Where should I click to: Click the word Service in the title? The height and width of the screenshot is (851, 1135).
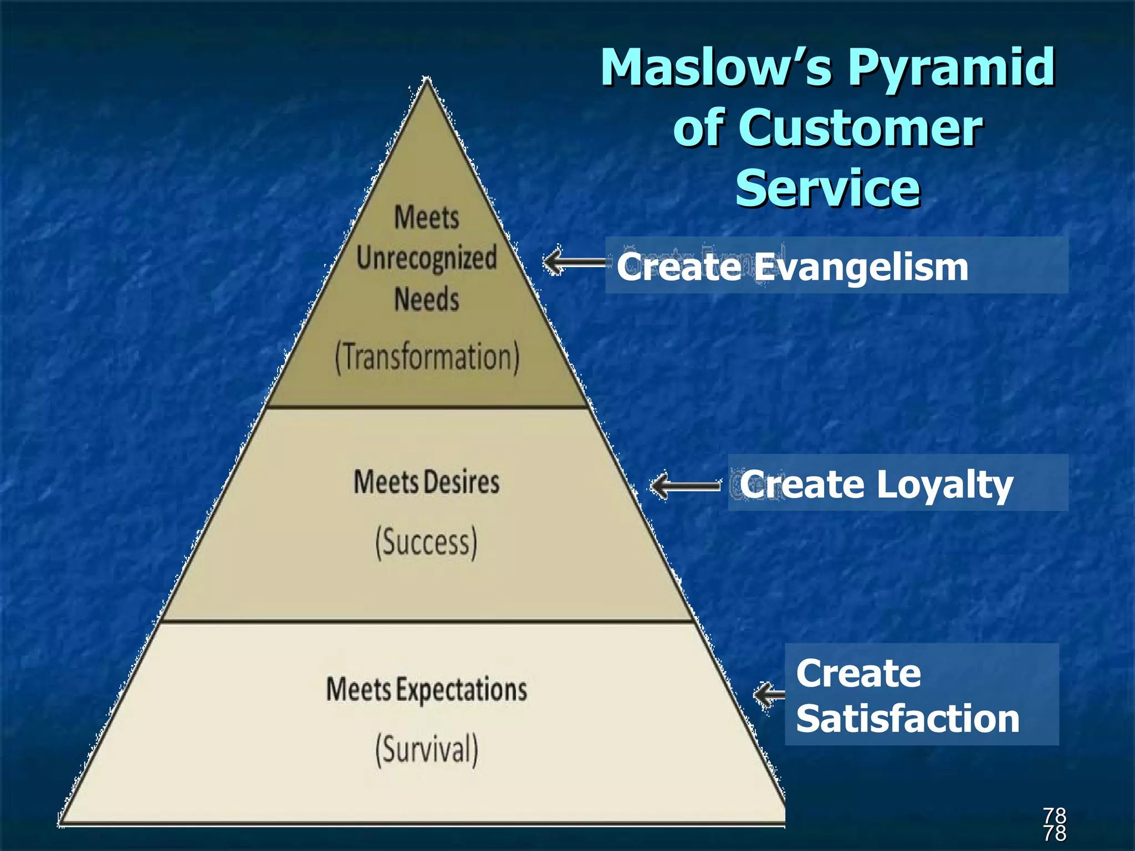point(827,188)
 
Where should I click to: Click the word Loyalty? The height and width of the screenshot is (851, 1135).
point(945,485)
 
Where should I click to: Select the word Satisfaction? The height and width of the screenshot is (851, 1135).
point(908,719)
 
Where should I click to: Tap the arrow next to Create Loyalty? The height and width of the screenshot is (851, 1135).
point(685,486)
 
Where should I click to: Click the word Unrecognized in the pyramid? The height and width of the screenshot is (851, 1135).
point(426,258)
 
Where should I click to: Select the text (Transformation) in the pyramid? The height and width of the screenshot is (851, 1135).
point(427,357)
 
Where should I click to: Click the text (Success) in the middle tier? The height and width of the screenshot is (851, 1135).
point(426,542)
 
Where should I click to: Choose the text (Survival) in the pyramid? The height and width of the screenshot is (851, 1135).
point(426,749)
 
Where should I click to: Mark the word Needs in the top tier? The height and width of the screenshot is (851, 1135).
point(426,300)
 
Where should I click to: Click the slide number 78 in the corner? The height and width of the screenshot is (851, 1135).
point(1054,824)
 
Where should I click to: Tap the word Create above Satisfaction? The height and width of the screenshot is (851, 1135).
point(858,674)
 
